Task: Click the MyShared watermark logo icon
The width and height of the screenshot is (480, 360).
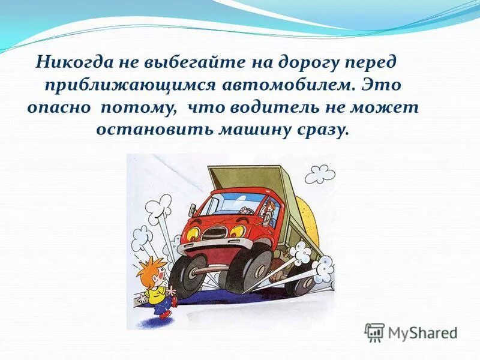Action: [x=374, y=332]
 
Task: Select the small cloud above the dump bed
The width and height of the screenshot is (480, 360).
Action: [x=320, y=174]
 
